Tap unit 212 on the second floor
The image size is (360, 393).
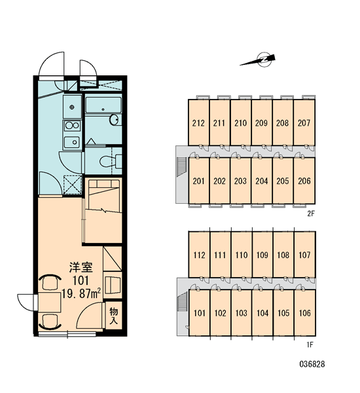click(198, 122)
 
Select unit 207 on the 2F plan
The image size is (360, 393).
click(304, 122)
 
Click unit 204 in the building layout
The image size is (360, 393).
click(262, 181)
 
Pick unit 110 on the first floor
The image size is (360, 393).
click(242, 255)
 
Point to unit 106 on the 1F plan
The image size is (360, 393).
click(304, 313)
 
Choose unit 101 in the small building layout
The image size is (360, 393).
click(199, 313)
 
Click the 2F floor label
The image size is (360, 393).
click(311, 214)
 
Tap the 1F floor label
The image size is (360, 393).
click(310, 345)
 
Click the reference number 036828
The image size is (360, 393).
click(312, 364)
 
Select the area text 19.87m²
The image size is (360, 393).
click(81, 293)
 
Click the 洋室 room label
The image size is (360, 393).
click(81, 267)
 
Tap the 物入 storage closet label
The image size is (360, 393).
click(113, 316)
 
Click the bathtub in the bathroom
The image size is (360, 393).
click(103, 105)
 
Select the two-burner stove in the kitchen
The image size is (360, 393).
click(72, 125)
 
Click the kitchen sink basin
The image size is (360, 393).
click(72, 142)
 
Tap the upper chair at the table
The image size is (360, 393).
click(50, 282)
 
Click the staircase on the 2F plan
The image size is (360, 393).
click(182, 166)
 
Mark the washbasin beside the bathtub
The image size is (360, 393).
click(115, 120)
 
